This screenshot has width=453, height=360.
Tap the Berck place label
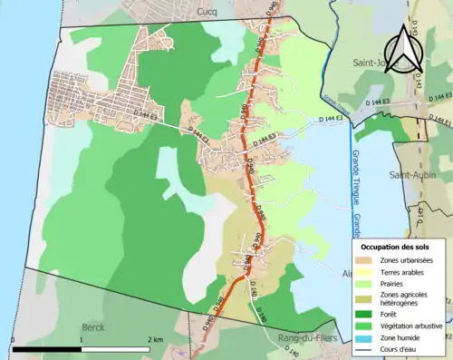coord(93,326)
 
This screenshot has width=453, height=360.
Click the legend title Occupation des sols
coord(396,247)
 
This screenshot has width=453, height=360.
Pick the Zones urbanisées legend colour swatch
coord(367,261)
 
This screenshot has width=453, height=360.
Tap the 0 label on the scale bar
coord(14,340)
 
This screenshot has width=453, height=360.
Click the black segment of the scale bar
coord(47,349)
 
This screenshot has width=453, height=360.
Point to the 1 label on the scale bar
coord(82,340)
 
